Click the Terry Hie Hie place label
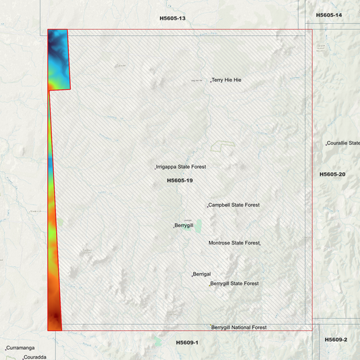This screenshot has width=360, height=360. point(227,80)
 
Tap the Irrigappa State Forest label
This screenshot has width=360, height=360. point(181,166)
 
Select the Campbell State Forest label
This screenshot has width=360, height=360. point(234,205)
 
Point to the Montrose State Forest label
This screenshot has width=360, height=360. point(234,242)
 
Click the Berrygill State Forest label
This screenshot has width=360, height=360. point(234,284)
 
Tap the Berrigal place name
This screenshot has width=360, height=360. point(202,274)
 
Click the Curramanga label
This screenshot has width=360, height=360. point(20,348)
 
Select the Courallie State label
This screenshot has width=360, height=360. point(343,143)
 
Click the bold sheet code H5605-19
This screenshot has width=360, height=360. point(180,180)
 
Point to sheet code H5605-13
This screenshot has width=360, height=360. point(172,18)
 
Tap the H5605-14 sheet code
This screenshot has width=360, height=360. point(329,15)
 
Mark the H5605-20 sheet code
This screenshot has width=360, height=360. point(332,174)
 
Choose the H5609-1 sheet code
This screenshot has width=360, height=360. point(187,342)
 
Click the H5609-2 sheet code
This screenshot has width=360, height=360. point(336,339)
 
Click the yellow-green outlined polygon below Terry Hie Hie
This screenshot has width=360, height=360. point(221,145)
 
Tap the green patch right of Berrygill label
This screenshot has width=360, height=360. point(198,226)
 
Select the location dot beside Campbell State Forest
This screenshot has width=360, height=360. point(207,206)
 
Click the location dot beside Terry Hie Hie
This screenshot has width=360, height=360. point(211,81)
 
